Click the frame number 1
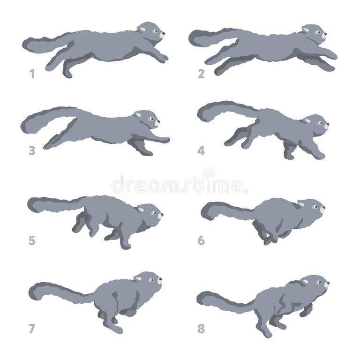coord(32,74)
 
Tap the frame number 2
coord(201,74)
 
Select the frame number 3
coord(32,150)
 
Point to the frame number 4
coord(201,151)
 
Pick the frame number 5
coord(32,240)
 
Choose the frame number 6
coord(201,240)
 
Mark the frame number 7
coord(32,329)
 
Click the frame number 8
coord(201,329)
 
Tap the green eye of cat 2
coord(318,32)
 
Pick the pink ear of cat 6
coord(301,204)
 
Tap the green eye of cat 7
coord(151,280)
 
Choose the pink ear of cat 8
coord(305,282)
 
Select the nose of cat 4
coord(327,125)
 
